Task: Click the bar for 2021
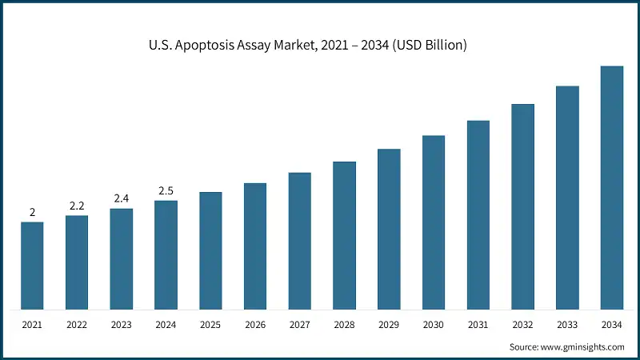tap(32, 266)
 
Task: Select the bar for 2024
tap(166, 254)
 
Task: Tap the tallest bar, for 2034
tap(612, 188)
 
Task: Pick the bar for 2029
tap(389, 229)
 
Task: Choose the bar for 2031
tap(478, 214)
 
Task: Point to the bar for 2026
tap(255, 246)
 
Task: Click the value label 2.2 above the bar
tap(77, 206)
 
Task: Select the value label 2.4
tap(122, 198)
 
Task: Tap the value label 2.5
tap(166, 190)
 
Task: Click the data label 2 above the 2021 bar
tap(32, 212)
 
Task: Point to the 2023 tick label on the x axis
tap(122, 324)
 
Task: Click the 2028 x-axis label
tap(344, 324)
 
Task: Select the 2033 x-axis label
tap(567, 324)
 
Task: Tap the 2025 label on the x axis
tap(210, 324)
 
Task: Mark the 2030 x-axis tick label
tap(434, 324)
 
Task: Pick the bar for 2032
tap(522, 206)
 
